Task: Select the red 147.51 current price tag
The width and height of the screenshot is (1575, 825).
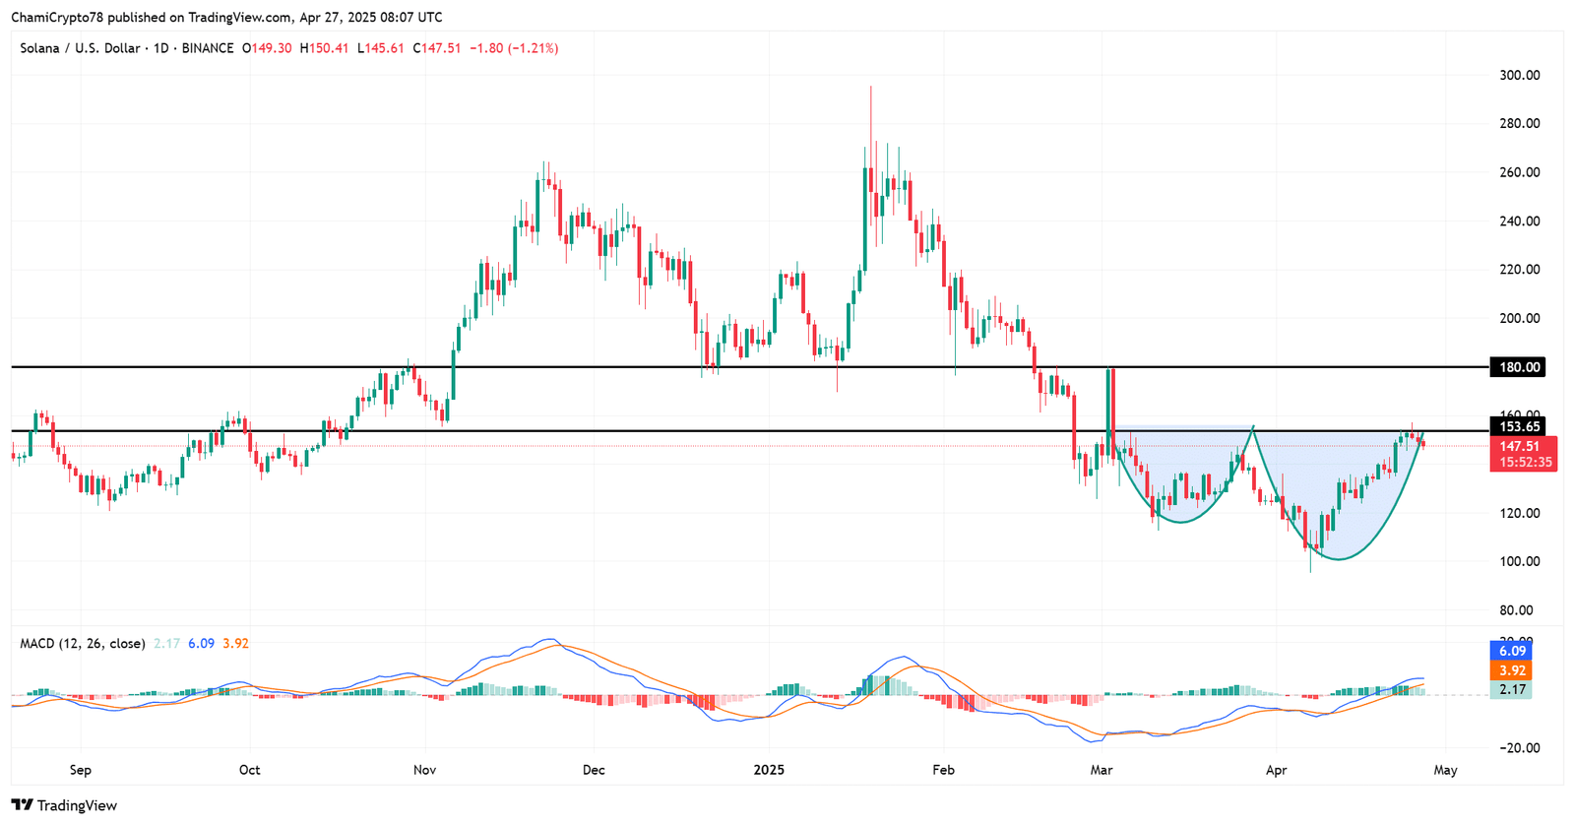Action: pyautogui.click(x=1522, y=446)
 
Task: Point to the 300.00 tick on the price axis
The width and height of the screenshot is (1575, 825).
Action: pyautogui.click(x=1520, y=75)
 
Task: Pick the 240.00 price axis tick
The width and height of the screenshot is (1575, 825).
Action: pyautogui.click(x=1520, y=221)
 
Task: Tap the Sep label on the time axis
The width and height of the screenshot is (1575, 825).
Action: pyautogui.click(x=80, y=770)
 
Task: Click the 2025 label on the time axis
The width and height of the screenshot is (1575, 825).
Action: pyautogui.click(x=769, y=770)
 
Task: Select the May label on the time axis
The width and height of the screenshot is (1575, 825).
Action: pyautogui.click(x=1445, y=770)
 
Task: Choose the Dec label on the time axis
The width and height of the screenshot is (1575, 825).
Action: pyautogui.click(x=594, y=770)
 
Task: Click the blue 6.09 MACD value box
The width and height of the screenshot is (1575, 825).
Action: pyautogui.click(x=1512, y=651)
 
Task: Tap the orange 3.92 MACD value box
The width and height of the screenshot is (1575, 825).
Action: pyautogui.click(x=1512, y=670)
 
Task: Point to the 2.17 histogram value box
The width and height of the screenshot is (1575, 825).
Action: pyautogui.click(x=1512, y=689)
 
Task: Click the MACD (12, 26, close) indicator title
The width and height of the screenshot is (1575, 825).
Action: pyautogui.click(x=83, y=643)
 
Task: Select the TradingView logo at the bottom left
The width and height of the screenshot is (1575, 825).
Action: pyautogui.click(x=64, y=805)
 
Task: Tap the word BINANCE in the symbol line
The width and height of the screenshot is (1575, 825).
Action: pyautogui.click(x=208, y=47)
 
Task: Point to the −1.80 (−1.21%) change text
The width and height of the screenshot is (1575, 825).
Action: pyautogui.click(x=514, y=47)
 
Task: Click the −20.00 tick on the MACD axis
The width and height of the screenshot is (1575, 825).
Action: pyautogui.click(x=1519, y=747)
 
